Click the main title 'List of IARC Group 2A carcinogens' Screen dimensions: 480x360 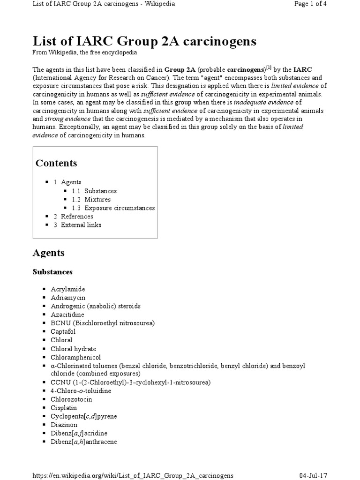tap(144, 42)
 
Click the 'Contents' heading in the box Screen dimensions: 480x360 tap(56, 163)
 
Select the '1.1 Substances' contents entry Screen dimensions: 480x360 tap(94, 191)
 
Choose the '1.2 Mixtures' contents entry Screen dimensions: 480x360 tap(91, 199)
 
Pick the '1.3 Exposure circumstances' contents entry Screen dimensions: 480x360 tap(113, 208)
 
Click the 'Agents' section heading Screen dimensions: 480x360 tap(48, 253)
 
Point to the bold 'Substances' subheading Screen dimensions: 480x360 tap(52, 272)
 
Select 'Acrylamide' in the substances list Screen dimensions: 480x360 tap(68, 289)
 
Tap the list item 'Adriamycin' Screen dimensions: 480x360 tap(68, 297)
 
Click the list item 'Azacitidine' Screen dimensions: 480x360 tap(67, 314)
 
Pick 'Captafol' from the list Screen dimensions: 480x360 tap(65, 331)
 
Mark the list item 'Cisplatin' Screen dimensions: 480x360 tap(64, 408)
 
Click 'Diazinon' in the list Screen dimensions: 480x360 tap(64, 425)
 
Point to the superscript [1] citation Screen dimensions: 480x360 tap(269, 67)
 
